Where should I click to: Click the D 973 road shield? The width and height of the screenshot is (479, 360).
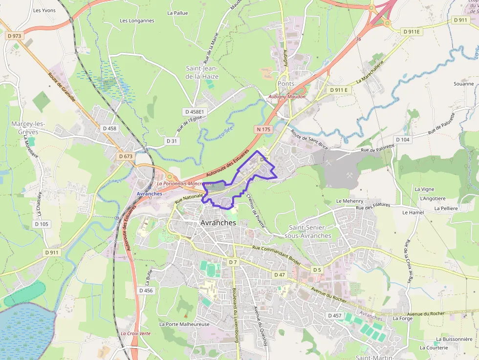(x=15, y=36)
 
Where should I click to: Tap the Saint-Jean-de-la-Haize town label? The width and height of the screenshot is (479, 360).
(x=202, y=73)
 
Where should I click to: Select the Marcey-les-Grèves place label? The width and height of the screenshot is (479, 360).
(x=28, y=128)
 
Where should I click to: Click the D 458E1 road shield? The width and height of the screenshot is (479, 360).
(x=194, y=112)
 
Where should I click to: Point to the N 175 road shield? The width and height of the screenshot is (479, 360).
(x=262, y=129)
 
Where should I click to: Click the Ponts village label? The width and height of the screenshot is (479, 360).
(x=286, y=84)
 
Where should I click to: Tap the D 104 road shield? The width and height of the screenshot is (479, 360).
(x=402, y=140)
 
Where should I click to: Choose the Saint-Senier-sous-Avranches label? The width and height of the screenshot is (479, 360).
(x=310, y=232)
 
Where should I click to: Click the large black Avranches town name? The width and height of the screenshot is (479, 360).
(x=218, y=223)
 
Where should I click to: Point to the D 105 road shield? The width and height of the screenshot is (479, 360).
(x=42, y=224)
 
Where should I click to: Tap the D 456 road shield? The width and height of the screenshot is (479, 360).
(x=146, y=290)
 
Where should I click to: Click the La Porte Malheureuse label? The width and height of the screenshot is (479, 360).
(x=184, y=324)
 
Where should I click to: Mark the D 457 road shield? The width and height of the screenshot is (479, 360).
(x=334, y=316)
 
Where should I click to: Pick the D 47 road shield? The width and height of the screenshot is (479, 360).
(x=279, y=275)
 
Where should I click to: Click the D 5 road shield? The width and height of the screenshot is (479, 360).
(x=317, y=270)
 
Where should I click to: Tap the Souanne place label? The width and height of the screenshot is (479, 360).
(x=463, y=84)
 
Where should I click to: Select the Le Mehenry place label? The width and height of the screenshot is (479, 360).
(x=350, y=201)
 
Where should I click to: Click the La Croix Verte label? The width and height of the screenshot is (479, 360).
(x=135, y=333)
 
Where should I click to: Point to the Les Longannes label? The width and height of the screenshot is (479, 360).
(x=137, y=21)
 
